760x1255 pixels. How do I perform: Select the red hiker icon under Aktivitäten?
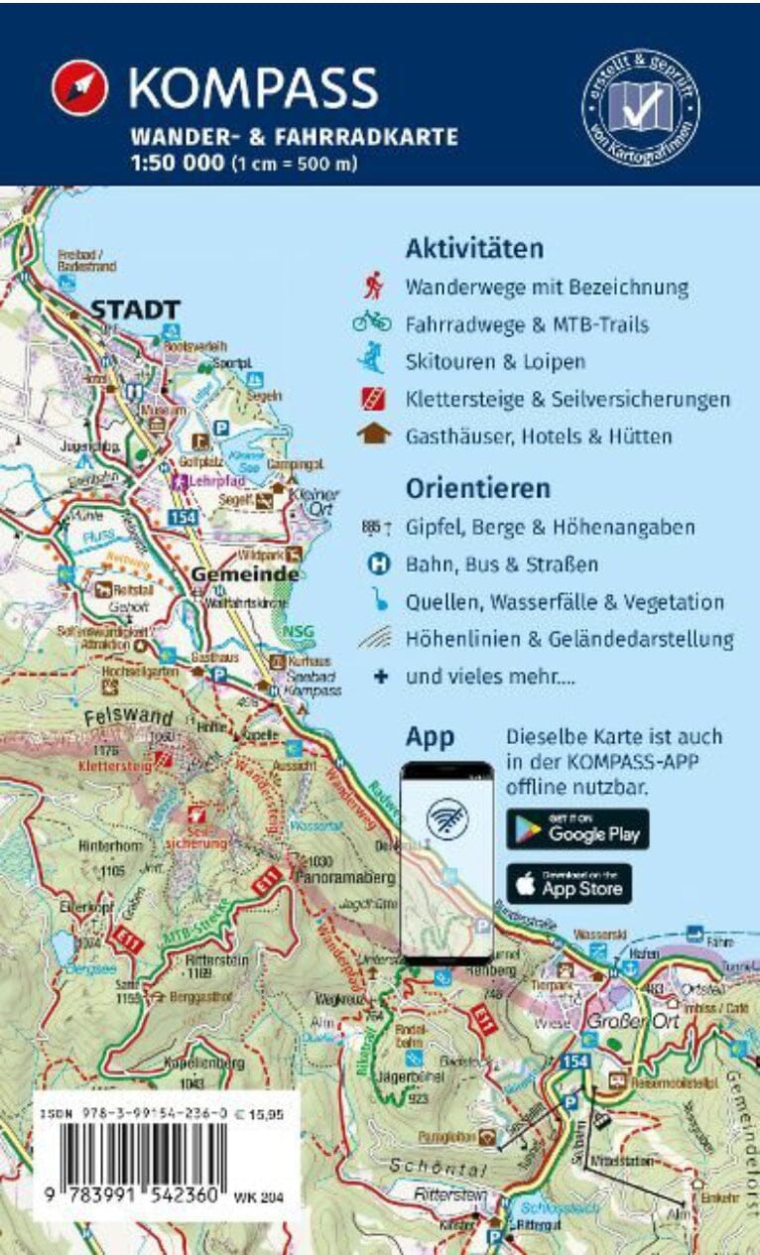[374, 288]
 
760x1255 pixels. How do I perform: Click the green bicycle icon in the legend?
[373, 322]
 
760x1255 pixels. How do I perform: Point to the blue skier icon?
[373, 359]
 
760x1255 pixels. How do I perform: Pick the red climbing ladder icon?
[373, 398]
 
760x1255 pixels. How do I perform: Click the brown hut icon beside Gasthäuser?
[373, 435]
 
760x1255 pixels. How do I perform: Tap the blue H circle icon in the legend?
[377, 565]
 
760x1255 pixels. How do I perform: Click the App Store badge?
[569, 883]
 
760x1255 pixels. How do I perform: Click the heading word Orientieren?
[477, 488]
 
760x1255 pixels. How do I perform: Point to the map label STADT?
[135, 310]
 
